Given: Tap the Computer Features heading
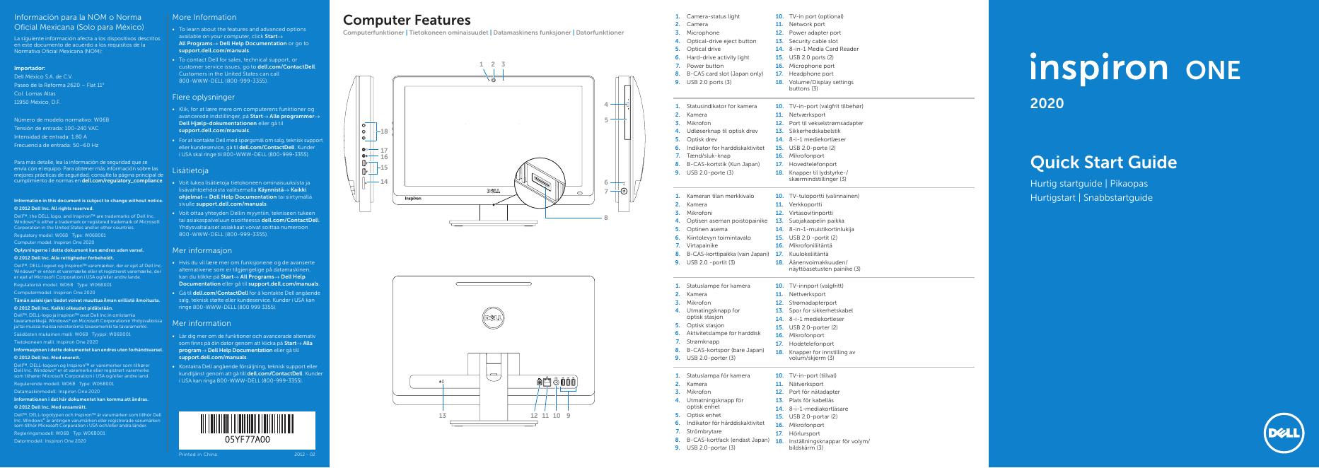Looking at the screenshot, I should (407, 21).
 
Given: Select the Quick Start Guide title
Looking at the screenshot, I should (1103, 163).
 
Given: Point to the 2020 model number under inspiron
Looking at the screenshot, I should (1047, 103).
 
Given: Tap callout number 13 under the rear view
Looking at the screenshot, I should (443, 416).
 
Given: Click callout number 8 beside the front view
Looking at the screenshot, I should (605, 218).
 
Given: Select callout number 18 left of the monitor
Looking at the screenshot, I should (384, 131).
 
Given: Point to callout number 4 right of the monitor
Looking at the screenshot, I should (605, 105).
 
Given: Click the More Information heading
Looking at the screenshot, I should (204, 17).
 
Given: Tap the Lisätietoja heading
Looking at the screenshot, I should (190, 170).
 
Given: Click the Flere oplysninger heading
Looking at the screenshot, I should (203, 96).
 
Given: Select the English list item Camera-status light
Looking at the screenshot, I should (713, 16).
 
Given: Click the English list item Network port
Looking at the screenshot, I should (807, 25).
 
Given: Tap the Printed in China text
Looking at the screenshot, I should (198, 454).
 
